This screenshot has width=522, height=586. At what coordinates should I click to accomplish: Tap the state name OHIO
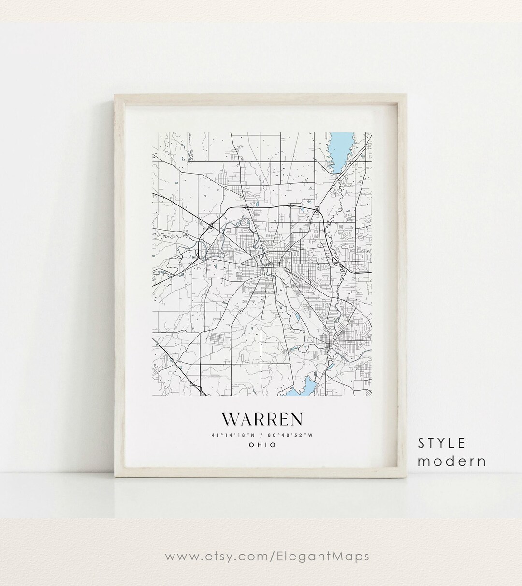point(262,445)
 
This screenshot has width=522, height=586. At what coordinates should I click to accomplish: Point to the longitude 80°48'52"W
point(293,435)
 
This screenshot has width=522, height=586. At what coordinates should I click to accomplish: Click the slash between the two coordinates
point(262,435)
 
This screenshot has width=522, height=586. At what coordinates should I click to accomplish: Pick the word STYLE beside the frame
point(442,443)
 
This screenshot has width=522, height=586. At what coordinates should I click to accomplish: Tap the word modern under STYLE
point(452,461)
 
